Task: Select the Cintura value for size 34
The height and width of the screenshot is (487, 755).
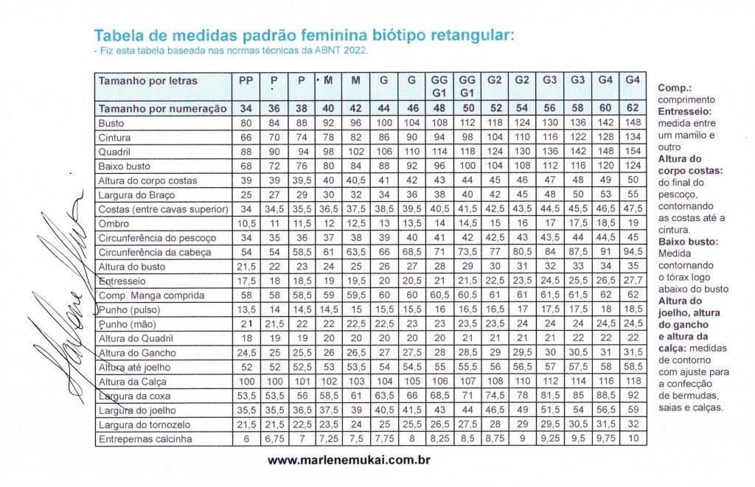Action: [x=246, y=137]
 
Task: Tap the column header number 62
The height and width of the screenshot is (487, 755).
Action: [x=631, y=108]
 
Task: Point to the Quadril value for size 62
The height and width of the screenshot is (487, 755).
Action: [x=631, y=151]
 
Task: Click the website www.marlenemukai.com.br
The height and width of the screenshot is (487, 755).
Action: [x=348, y=460]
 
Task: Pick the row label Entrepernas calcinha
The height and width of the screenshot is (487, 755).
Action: [x=146, y=440]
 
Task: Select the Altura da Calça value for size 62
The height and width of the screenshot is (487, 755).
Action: [x=631, y=382]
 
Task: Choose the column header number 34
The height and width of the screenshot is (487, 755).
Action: [x=246, y=108]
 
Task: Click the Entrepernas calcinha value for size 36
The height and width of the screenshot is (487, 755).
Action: [x=274, y=440]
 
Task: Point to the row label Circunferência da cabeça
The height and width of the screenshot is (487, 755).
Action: [x=155, y=252]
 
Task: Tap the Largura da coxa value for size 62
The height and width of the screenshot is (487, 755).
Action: [x=631, y=396]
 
